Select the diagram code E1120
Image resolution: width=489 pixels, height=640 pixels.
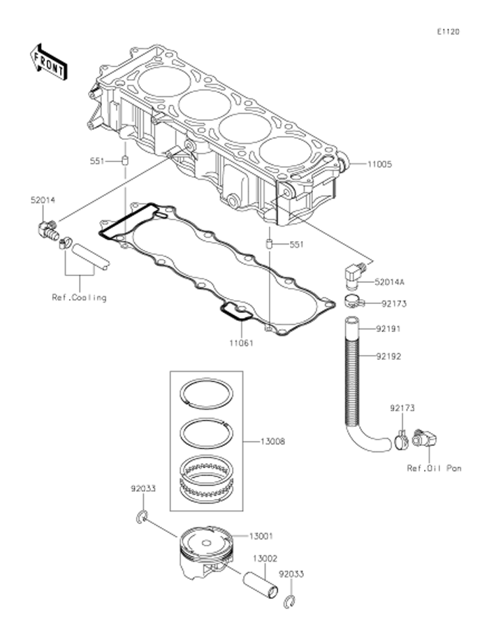point(448,31)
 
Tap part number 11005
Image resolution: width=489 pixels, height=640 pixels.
point(379,164)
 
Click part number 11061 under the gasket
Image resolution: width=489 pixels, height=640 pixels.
point(241,343)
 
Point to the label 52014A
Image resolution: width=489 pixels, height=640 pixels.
point(390,282)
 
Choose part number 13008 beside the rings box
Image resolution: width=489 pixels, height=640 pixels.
point(272,442)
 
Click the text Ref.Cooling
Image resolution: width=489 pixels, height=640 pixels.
point(79,298)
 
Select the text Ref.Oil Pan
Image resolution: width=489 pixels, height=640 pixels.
point(435,468)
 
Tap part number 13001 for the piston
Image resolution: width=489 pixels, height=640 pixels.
point(261,536)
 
